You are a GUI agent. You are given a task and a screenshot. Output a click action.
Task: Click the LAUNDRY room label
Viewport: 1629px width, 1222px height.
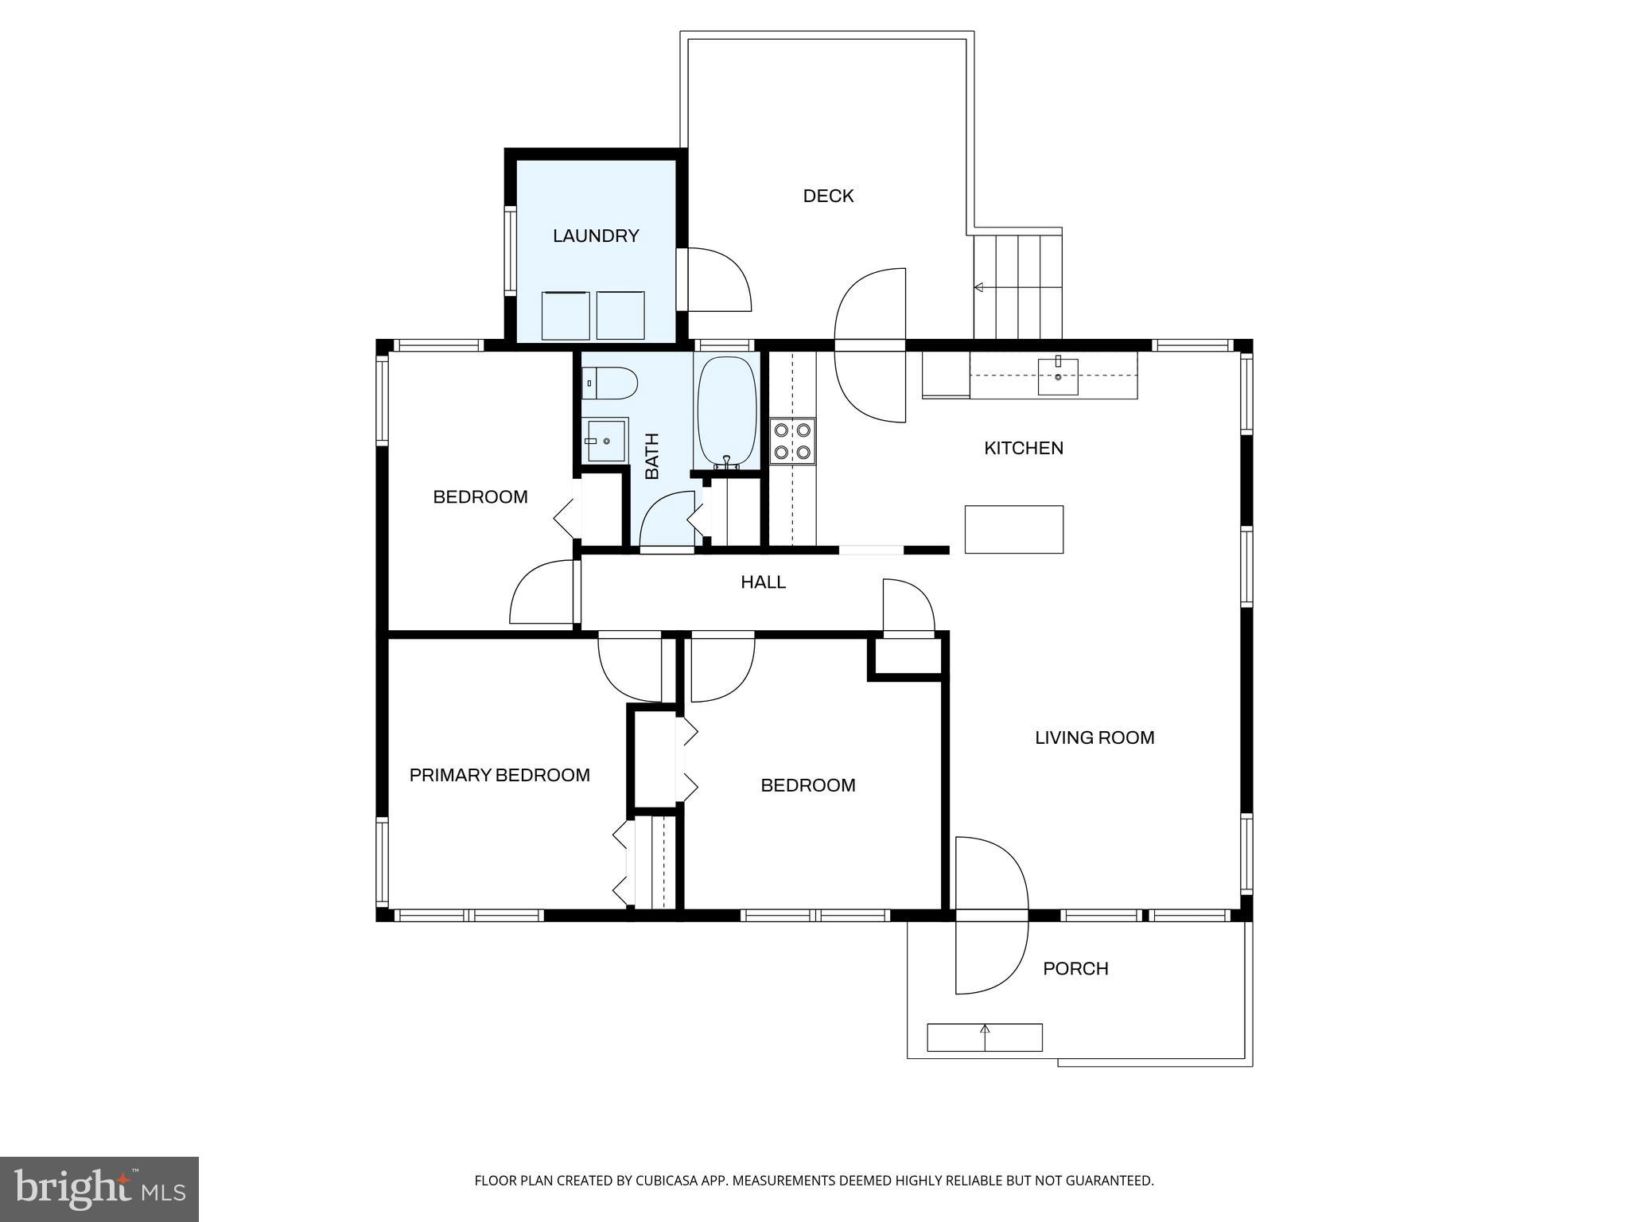[x=596, y=235]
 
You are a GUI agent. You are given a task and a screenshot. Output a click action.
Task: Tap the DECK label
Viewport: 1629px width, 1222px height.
[x=828, y=196]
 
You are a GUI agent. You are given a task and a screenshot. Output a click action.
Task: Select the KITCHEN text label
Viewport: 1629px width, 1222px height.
[x=1023, y=448]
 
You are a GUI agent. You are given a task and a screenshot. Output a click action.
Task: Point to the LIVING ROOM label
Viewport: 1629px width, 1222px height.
[x=1094, y=737]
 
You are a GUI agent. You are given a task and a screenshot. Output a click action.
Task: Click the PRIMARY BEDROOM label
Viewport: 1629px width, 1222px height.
[x=500, y=775]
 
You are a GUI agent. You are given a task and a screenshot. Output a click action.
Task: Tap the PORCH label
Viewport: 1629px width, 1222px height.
[x=1075, y=968]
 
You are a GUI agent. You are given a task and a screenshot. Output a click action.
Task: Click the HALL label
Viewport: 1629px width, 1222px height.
[x=763, y=582]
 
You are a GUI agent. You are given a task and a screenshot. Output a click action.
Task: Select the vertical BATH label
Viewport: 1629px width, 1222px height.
[x=652, y=456]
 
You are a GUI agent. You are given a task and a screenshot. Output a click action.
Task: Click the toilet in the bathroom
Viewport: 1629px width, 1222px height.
[x=609, y=383]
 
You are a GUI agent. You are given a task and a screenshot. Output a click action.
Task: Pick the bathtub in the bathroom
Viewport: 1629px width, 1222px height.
[x=726, y=411]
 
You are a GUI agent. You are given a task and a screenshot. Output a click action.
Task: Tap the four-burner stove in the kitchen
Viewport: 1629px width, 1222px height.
[x=793, y=442]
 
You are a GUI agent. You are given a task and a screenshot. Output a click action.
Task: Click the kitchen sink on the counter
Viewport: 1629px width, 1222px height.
[x=1058, y=376]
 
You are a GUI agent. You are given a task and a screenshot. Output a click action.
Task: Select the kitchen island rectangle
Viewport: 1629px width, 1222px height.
[x=1013, y=529]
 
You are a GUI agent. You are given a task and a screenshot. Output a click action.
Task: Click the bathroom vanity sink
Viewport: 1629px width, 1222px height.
[x=606, y=440]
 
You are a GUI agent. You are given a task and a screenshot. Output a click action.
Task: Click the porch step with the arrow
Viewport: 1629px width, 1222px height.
[x=985, y=1037]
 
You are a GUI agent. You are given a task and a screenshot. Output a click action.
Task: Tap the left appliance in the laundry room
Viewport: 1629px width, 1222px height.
[x=566, y=316]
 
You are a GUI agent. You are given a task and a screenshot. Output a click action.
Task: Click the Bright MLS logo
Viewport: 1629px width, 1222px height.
[x=99, y=1189]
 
